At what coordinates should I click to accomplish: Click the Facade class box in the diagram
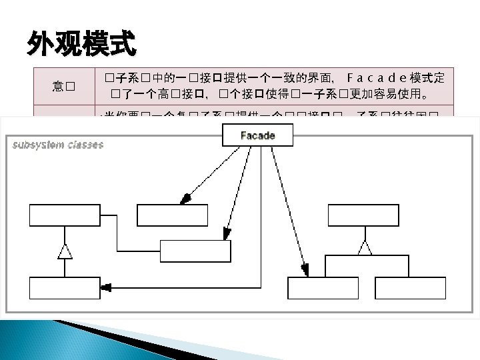coord(257,135)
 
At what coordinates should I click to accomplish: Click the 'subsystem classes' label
coord(58,145)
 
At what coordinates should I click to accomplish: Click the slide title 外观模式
coord(81,45)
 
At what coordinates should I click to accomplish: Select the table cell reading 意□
coord(64,86)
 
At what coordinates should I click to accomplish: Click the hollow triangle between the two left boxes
coord(64,251)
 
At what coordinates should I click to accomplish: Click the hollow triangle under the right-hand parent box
coord(364,247)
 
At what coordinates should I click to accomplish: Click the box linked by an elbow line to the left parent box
coord(195,251)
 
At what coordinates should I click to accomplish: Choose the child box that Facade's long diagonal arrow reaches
coord(323,288)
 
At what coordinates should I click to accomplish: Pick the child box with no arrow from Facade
coord(410,288)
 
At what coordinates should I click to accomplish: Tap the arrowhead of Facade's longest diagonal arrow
coord(305,269)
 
